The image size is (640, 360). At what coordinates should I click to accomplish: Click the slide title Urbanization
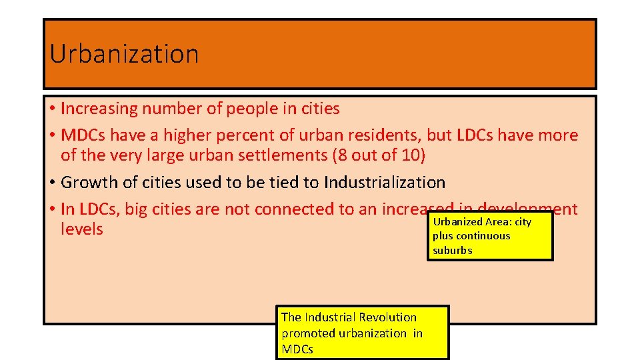124,54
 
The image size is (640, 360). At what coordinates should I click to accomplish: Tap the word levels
82,229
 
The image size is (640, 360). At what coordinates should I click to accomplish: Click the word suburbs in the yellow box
452,251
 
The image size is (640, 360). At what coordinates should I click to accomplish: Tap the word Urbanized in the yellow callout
457,222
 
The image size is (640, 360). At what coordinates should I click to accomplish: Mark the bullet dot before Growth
52,183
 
